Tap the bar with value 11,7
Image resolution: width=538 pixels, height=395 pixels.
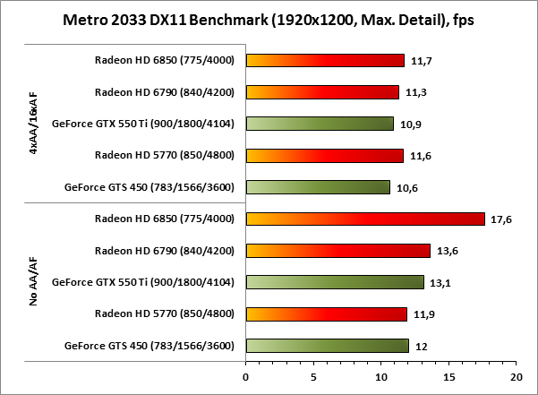tap(324, 60)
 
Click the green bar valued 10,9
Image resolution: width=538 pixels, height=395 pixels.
tap(319, 124)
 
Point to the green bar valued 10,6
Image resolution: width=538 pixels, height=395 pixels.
tap(317, 187)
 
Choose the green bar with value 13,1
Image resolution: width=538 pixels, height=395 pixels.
tap(334, 282)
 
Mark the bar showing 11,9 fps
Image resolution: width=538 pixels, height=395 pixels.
tap(326, 313)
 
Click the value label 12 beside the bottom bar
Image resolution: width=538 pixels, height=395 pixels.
tap(420, 346)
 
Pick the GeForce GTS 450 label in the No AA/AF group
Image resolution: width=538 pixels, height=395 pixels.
tap(149, 346)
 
